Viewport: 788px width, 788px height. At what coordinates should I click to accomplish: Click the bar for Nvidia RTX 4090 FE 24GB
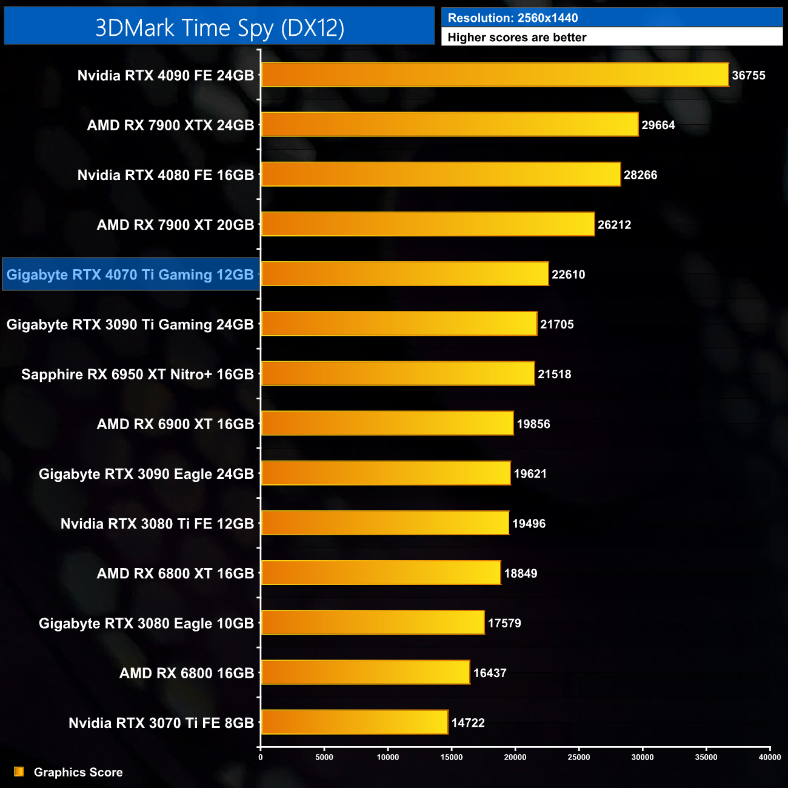495,75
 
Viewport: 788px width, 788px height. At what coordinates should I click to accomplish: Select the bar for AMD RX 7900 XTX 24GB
450,124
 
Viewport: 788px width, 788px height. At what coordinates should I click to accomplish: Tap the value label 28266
640,175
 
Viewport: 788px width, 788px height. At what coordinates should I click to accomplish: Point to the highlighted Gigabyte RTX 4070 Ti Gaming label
130,275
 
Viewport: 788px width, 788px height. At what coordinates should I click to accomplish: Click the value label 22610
568,275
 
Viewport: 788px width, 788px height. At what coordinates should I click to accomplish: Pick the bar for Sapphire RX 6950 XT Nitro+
398,373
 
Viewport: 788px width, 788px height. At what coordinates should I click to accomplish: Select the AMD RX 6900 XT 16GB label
175,424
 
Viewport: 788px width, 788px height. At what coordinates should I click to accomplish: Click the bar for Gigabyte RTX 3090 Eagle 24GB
386,473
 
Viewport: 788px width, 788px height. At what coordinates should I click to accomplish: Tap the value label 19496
529,524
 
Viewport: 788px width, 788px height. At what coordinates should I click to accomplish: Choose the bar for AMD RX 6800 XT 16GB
381,573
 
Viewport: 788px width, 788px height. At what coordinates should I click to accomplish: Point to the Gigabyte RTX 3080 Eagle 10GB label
146,624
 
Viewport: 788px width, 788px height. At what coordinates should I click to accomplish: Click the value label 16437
490,673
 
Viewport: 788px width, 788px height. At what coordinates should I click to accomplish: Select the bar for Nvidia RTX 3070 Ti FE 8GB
355,722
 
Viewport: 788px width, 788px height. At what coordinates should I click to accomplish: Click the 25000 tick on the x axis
579,757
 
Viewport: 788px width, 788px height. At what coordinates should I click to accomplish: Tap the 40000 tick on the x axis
770,757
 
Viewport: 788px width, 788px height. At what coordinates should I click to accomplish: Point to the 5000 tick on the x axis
324,757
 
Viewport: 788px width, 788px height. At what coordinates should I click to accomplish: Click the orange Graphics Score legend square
19,772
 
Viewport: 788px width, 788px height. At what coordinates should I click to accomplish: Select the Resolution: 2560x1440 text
513,18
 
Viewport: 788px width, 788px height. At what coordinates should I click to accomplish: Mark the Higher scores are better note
517,38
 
